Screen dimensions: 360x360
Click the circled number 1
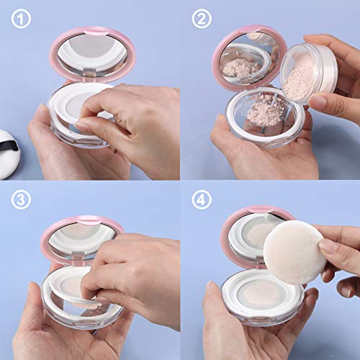click(22, 20)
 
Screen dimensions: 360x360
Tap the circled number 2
click(202, 20)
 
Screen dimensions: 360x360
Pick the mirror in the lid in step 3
click(81, 238)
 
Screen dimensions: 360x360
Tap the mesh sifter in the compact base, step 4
click(259, 292)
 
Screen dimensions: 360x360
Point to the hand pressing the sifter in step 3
click(133, 266)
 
